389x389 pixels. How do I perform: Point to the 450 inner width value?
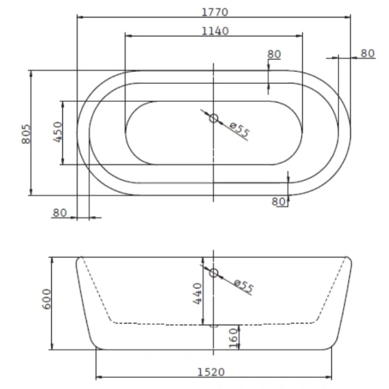pyautogui.click(x=57, y=132)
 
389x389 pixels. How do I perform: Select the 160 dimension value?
pyautogui.click(x=234, y=336)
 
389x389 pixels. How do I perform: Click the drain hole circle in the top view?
pyautogui.click(x=213, y=118)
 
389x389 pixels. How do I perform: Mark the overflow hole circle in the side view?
pyautogui.click(x=213, y=272)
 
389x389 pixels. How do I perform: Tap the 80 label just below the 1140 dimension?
pyautogui.click(x=274, y=54)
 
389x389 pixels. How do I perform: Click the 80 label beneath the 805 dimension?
pyautogui.click(x=60, y=212)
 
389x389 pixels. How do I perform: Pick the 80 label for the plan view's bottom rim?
pyautogui.click(x=279, y=202)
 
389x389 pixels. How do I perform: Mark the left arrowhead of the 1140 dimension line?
pyautogui.click(x=126, y=36)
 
